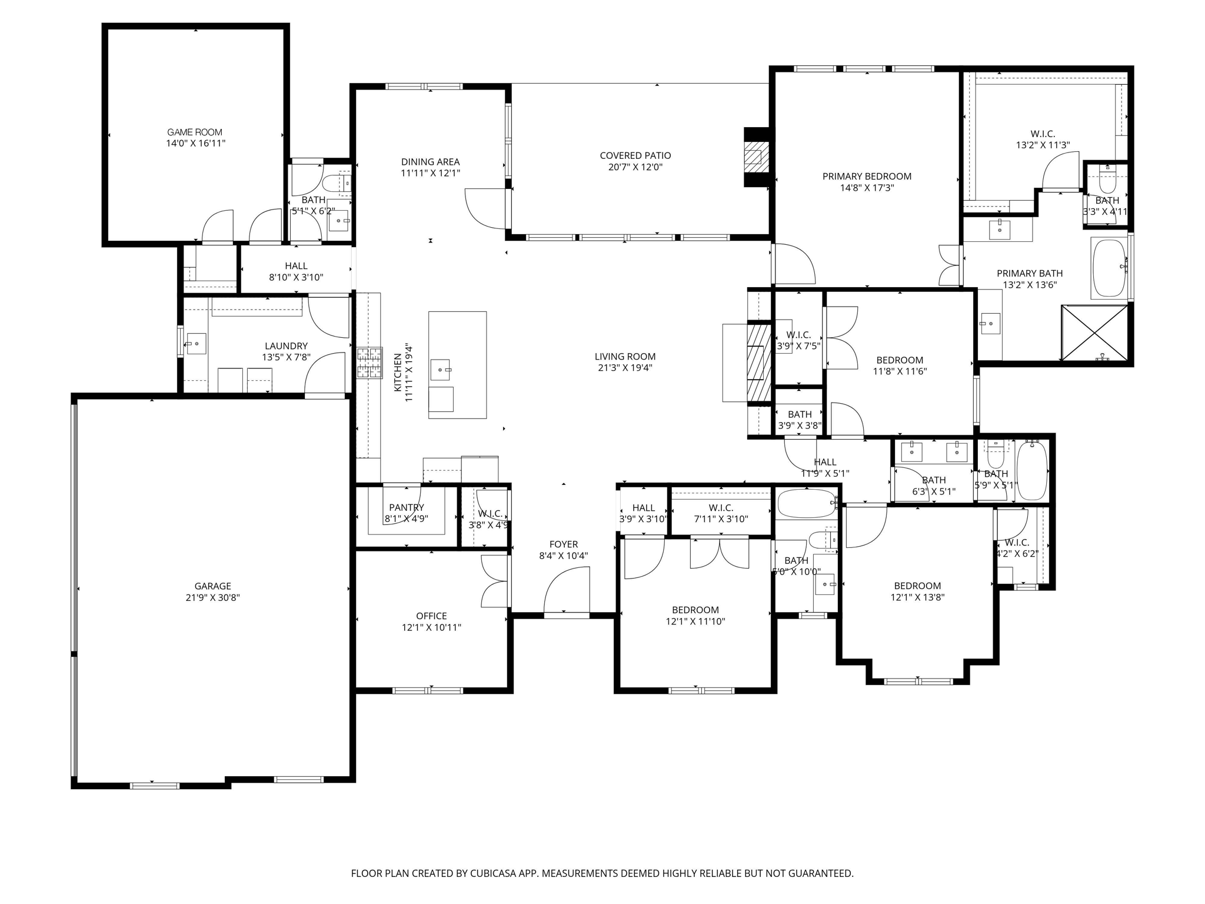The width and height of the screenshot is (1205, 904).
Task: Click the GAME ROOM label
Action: coord(195,132)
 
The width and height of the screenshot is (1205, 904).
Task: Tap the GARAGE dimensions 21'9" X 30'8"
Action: coord(212,597)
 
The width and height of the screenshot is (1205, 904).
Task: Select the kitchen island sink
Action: coord(441,370)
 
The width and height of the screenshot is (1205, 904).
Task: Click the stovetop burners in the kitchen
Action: coord(369,363)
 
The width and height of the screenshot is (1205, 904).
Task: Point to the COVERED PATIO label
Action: coord(635,155)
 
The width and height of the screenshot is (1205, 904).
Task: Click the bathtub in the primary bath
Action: coord(1109,268)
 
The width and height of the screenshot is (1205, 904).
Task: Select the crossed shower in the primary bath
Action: coord(1094,333)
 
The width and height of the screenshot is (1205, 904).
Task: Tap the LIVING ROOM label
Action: coord(625,356)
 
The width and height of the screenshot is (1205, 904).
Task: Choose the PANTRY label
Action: coord(406,507)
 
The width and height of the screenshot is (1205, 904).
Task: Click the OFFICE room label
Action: coord(431,616)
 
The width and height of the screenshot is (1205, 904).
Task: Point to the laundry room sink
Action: coord(196,343)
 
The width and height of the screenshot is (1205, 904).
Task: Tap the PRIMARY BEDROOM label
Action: coord(867,176)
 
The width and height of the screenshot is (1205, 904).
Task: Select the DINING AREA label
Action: coord(430,162)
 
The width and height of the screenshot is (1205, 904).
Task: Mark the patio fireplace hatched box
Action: coord(756,157)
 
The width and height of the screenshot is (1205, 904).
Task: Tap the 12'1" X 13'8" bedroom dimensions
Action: coord(917,597)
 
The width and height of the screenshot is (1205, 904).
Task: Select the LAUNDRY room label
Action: coord(286,346)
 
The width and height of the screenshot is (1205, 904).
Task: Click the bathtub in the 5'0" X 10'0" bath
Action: coord(806,504)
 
